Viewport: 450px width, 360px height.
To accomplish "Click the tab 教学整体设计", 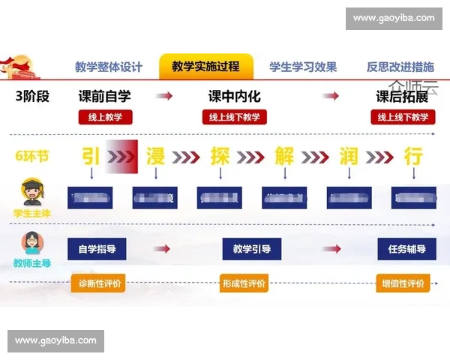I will [109, 67].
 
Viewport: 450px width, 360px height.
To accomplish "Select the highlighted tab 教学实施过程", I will [205, 67].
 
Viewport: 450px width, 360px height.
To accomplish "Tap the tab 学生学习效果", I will [303, 67].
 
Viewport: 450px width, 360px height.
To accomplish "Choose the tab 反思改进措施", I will [400, 67].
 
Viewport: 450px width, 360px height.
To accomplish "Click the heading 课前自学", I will [104, 97].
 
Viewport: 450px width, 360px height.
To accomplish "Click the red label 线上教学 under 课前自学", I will [105, 117].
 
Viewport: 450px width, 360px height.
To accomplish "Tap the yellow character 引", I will [91, 156].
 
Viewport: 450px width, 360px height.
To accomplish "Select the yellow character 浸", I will [155, 156].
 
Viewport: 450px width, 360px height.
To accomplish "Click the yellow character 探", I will [220, 156].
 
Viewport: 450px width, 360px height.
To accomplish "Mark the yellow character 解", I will [284, 156].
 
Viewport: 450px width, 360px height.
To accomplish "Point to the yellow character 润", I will [349, 156].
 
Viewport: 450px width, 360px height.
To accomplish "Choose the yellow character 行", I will [413, 156].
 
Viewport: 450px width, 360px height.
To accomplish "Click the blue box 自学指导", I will [97, 249].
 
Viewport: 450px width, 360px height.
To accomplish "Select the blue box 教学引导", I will [252, 249].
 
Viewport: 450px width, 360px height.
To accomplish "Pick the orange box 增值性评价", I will [403, 284].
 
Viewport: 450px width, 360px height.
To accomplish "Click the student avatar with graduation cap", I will [31, 193].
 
